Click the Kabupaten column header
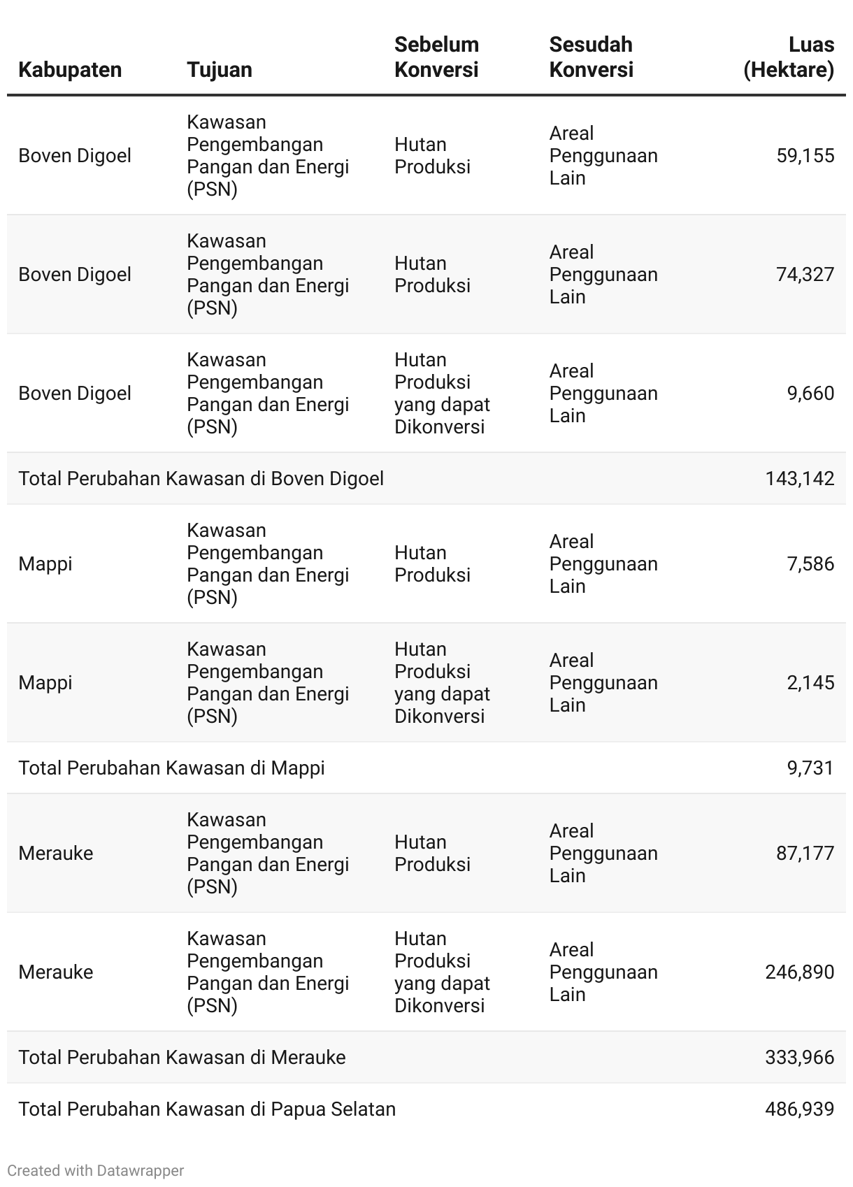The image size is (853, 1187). pyautogui.click(x=70, y=70)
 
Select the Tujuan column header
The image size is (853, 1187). pyautogui.click(x=220, y=70)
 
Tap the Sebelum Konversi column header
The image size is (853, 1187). pyautogui.click(x=436, y=57)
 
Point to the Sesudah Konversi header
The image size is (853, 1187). pyautogui.click(x=591, y=57)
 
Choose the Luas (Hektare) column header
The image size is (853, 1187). pyautogui.click(x=789, y=57)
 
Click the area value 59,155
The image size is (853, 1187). pyautogui.click(x=805, y=155)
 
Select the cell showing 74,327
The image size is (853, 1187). pyautogui.click(x=805, y=274)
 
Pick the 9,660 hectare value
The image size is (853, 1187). pyautogui.click(x=810, y=393)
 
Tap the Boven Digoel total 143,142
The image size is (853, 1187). pyautogui.click(x=800, y=478)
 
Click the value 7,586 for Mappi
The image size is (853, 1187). pyautogui.click(x=810, y=563)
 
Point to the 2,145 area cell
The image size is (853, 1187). pyautogui.click(x=810, y=682)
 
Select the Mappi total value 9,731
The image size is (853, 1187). pyautogui.click(x=810, y=768)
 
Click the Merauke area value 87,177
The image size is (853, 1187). pyautogui.click(x=805, y=853)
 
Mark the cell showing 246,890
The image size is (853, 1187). pyautogui.click(x=800, y=972)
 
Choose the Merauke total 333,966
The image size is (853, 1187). pyautogui.click(x=800, y=1057)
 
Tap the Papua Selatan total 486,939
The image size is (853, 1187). pyautogui.click(x=800, y=1109)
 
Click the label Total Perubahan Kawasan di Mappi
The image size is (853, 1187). pyautogui.click(x=171, y=768)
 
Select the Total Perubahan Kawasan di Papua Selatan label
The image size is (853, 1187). pyautogui.click(x=207, y=1109)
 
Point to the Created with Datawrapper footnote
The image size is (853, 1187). pyautogui.click(x=96, y=1170)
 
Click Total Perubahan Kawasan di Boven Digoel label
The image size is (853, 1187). pyautogui.click(x=201, y=478)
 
